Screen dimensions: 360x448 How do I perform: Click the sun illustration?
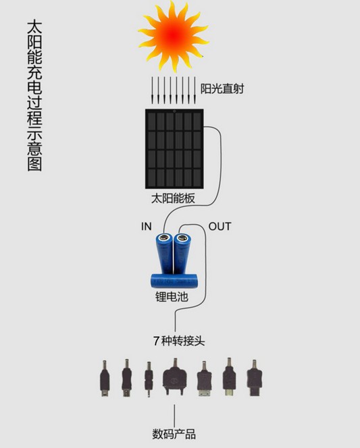174,36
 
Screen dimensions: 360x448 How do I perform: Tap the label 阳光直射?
222,88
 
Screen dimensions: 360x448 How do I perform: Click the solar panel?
174,148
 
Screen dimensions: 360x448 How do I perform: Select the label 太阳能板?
173,198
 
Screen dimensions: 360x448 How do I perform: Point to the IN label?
146,226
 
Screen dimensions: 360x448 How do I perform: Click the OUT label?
220,226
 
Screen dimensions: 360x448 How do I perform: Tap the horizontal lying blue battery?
174,281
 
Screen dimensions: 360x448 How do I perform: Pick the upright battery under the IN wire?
165,253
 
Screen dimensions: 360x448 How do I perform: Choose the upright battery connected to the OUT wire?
182,254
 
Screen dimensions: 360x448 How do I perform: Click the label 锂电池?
172,297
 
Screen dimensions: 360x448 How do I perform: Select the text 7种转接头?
179,341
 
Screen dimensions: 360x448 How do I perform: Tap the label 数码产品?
174,434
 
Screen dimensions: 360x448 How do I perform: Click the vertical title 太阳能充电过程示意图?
34,95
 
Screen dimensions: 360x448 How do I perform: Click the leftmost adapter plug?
105,379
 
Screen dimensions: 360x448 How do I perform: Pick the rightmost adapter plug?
254,378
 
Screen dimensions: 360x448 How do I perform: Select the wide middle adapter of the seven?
175,377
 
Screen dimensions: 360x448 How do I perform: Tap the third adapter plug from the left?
149,379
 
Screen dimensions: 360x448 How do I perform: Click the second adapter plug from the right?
230,377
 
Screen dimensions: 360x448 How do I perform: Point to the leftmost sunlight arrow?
152,90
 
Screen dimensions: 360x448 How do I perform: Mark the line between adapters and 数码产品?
174,416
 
